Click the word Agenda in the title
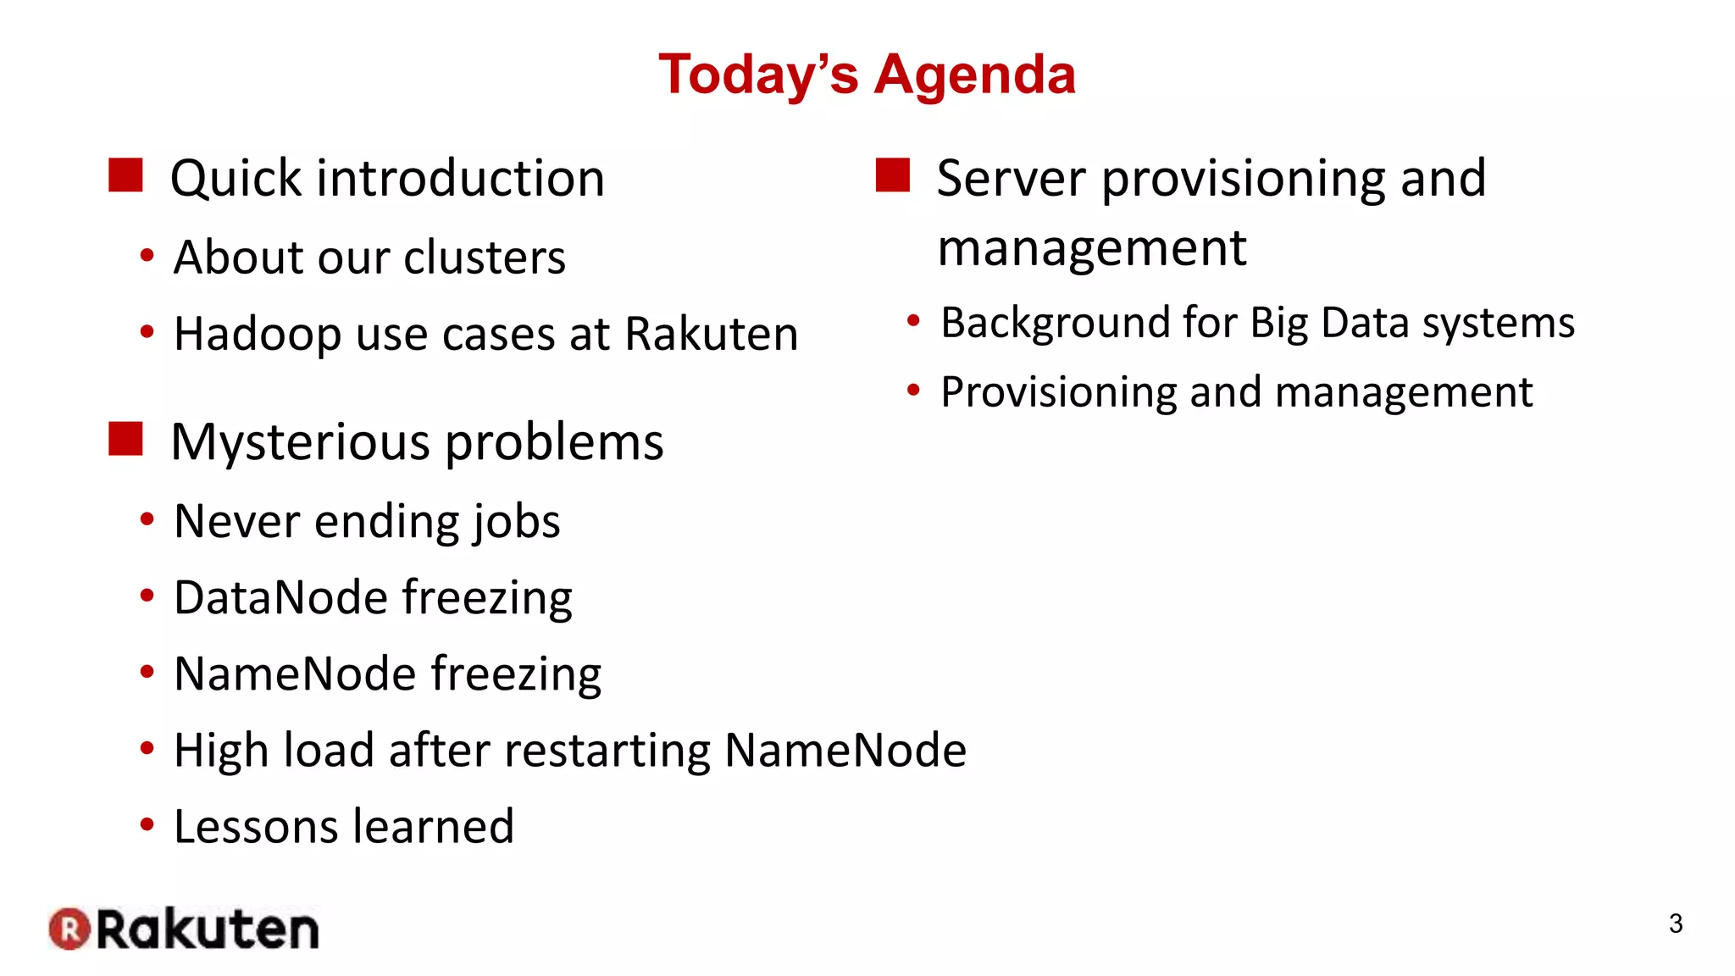point(974,75)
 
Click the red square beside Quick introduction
point(125,175)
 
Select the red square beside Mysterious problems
point(125,439)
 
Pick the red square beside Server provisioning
point(892,175)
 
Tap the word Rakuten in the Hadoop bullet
point(712,334)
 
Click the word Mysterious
point(300,442)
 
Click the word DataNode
point(280,597)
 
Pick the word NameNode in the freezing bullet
point(295,674)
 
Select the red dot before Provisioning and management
point(913,391)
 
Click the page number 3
point(1675,923)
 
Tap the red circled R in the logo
point(69,929)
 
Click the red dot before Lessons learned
point(147,824)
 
